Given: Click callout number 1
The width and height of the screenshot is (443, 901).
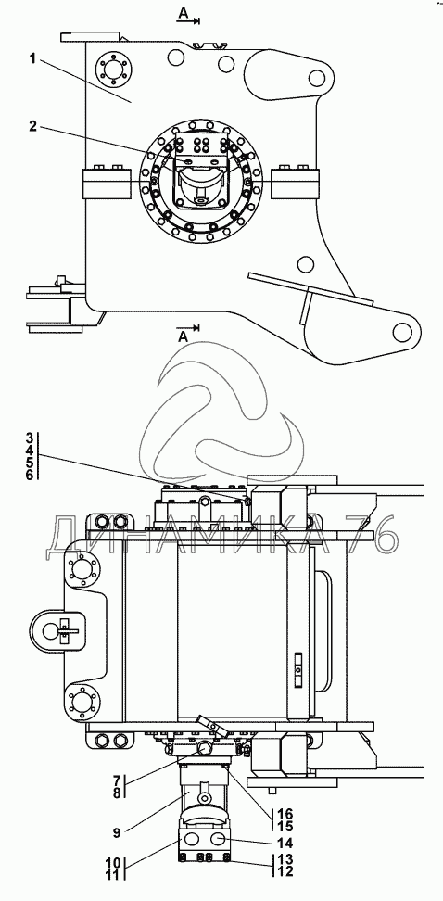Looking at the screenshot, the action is tap(33, 59).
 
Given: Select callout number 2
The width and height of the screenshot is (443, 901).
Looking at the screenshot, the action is tap(32, 126).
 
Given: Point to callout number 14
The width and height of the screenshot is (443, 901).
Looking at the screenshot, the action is tap(285, 843).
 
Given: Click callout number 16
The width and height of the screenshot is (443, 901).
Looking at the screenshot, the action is tap(285, 814).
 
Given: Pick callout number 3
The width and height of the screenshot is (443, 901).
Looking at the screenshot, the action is tap(28, 436).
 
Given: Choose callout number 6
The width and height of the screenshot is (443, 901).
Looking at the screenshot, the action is tap(28, 474).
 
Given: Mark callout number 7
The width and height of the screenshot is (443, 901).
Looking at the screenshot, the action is tap(116, 780).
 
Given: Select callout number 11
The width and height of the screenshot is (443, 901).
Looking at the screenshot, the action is tap(113, 875).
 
